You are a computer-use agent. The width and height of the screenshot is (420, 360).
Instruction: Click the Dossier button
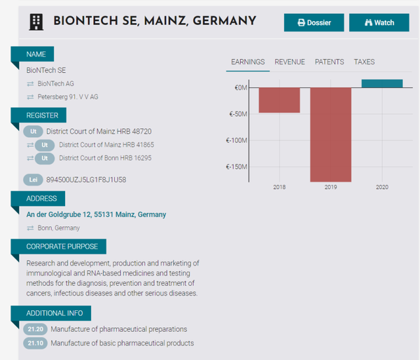pyautogui.click(x=314, y=22)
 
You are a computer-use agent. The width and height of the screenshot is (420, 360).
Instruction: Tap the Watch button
pyautogui.click(x=379, y=22)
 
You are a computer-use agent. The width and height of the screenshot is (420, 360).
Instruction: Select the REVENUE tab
pyautogui.click(x=290, y=62)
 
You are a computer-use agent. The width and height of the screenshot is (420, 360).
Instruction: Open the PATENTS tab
pyautogui.click(x=329, y=62)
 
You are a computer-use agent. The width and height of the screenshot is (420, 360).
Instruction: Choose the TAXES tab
pyautogui.click(x=364, y=62)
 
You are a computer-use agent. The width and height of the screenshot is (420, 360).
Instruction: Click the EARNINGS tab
pyautogui.click(x=248, y=62)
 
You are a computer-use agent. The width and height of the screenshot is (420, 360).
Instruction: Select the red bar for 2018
pyautogui.click(x=279, y=100)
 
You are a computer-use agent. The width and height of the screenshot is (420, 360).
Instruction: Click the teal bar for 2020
pyautogui.click(x=382, y=83)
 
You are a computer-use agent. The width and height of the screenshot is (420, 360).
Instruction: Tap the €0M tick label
pyautogui.click(x=241, y=88)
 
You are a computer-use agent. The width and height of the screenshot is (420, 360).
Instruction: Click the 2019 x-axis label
pyautogui.click(x=330, y=188)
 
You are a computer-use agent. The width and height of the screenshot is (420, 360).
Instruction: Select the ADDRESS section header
pyautogui.click(x=41, y=199)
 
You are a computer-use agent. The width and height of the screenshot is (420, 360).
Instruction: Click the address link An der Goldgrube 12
pyautogui.click(x=96, y=214)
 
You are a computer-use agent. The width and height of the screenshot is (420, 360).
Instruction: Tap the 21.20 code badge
pyautogui.click(x=34, y=329)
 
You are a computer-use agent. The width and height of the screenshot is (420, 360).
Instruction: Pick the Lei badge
pyautogui.click(x=34, y=180)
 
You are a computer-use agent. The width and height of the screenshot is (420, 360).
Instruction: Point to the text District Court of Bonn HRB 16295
pyautogui.click(x=105, y=158)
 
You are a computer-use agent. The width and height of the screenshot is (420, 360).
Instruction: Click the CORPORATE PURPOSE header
pyautogui.click(x=63, y=247)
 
